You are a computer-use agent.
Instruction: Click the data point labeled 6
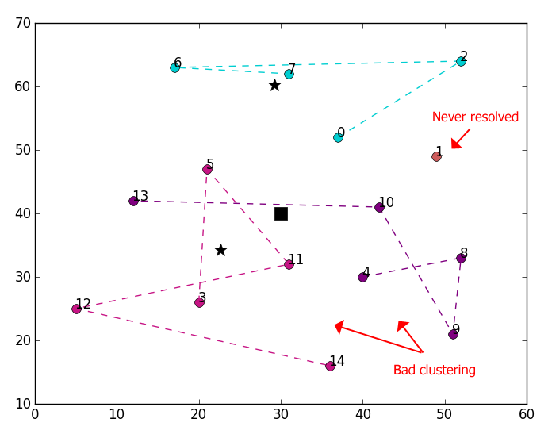coord(174,67)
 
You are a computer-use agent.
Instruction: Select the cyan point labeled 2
coord(461,61)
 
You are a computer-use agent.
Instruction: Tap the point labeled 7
coord(289,74)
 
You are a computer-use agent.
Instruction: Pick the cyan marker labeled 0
coord(338,137)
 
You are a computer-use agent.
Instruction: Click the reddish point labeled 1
coord(436,156)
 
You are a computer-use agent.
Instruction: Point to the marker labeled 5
coord(207,169)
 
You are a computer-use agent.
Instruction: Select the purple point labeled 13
coord(133,201)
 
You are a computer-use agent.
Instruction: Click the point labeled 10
coord(379,207)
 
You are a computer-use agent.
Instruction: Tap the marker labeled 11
coord(289,264)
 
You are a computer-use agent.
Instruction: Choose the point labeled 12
coord(76,309)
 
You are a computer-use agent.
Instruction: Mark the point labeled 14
coord(330,366)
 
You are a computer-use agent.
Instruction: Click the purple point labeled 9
coord(453,334)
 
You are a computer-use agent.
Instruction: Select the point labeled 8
coord(461,258)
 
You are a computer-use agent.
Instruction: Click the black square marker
coord(281,213)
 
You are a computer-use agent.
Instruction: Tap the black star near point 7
coord(274,85)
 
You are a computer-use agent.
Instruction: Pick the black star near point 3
coord(220,250)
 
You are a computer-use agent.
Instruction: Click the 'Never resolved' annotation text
coord(475,117)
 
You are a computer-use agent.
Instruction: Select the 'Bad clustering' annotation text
coord(434,370)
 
